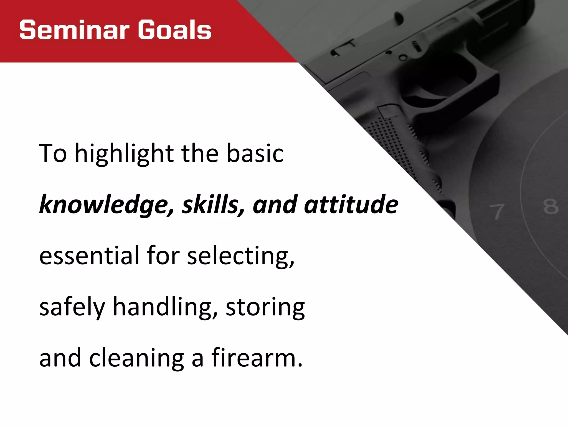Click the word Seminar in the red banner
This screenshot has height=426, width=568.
pos(74,30)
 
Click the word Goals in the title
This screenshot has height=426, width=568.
pos(175,30)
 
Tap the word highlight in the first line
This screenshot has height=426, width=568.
pos(124,154)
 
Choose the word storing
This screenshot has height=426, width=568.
pos(265,307)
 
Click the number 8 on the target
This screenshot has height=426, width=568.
pos(551,207)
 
